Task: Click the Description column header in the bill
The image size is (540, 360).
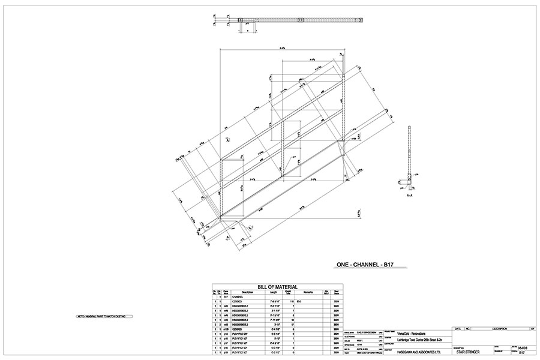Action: click(x=245, y=293)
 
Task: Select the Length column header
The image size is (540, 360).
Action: click(x=273, y=293)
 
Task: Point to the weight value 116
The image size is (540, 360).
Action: click(x=292, y=301)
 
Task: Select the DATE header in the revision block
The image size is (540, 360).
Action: click(x=458, y=329)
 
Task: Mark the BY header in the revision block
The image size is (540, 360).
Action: click(x=532, y=329)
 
